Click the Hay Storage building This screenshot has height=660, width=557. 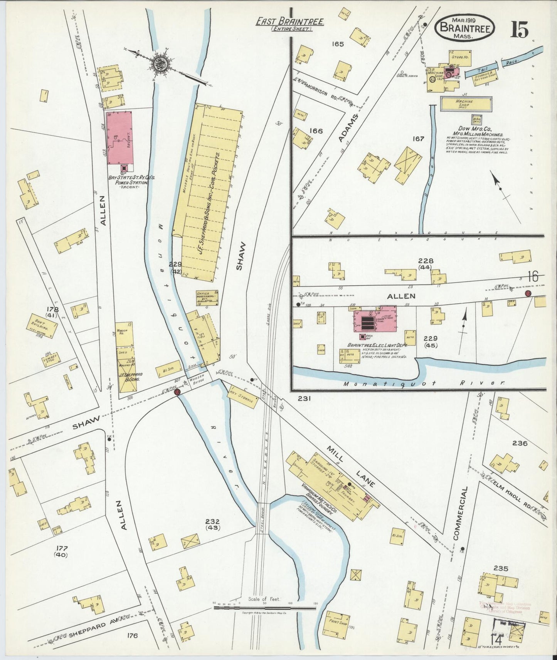click(x=243, y=397)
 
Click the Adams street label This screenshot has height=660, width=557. click(x=350, y=129)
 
